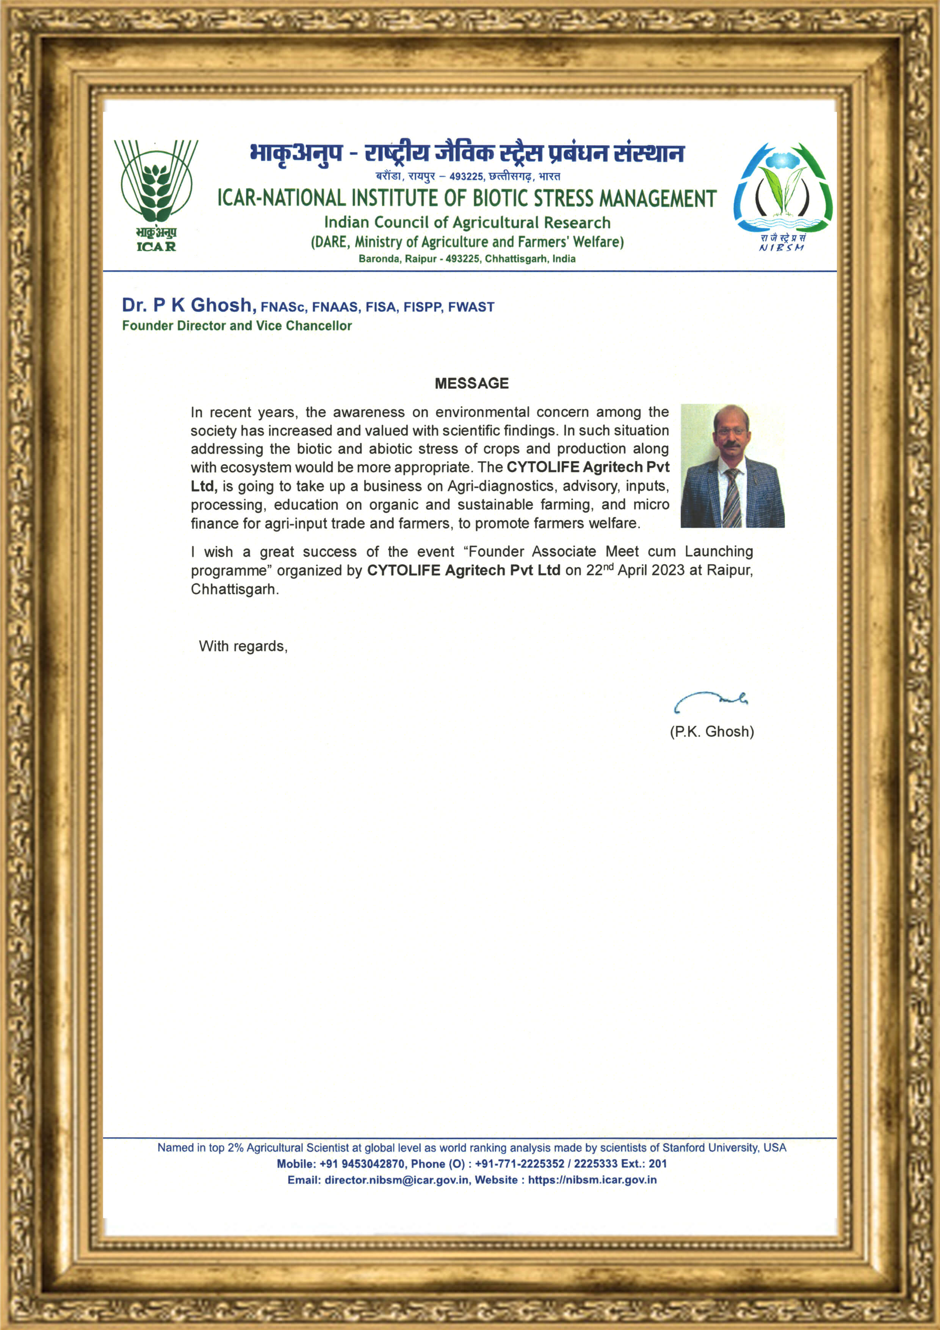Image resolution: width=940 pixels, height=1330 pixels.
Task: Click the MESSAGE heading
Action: pyautogui.click(x=472, y=383)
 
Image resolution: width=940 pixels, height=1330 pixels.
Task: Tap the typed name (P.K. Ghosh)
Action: pyautogui.click(x=712, y=732)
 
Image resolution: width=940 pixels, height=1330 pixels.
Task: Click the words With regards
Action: pyautogui.click(x=243, y=646)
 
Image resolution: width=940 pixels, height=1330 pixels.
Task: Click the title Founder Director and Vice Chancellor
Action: pyautogui.click(x=237, y=326)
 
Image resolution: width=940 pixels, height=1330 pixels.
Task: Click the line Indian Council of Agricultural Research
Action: pyautogui.click(x=467, y=223)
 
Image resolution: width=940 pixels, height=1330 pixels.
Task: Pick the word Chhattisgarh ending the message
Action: pyautogui.click(x=233, y=590)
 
